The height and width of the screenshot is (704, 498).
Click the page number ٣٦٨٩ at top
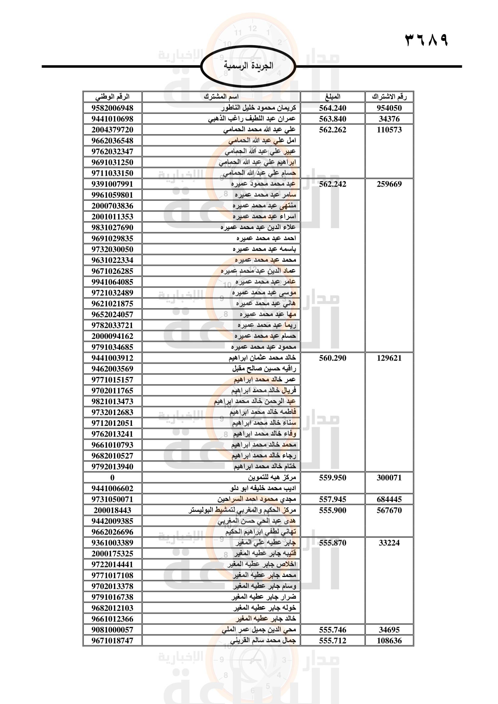tap(426, 40)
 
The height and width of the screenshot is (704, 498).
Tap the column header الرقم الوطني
tap(112, 97)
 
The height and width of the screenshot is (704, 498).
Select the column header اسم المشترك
tap(221, 97)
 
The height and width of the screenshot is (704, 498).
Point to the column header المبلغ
tap(332, 97)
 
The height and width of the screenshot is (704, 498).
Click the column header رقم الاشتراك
tap(389, 97)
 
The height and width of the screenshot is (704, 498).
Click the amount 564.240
tap(332, 108)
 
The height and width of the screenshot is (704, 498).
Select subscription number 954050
tap(389, 108)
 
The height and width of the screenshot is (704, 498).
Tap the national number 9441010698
tap(112, 119)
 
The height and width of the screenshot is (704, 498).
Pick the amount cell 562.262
tap(332, 130)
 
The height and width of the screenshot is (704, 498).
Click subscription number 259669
tap(389, 184)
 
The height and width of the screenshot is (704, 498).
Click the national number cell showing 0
tap(112, 477)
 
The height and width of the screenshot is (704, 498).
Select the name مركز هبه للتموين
tap(272, 477)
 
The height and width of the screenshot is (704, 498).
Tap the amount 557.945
tap(332, 499)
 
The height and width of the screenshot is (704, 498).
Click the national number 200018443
tap(112, 510)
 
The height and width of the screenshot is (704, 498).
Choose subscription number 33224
tap(389, 543)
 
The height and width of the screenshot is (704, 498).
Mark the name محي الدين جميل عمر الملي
tap(259, 629)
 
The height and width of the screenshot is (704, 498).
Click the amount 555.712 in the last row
tap(332, 640)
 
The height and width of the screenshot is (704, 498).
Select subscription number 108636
tap(389, 640)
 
